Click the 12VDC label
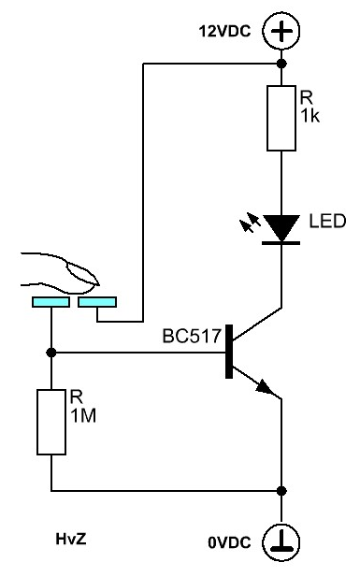point(224,31)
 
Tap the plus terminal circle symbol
point(281,31)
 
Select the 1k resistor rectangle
point(281,118)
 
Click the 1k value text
point(310,116)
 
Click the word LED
point(327,221)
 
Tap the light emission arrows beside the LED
point(250,223)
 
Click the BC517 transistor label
point(192,336)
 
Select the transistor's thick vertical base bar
point(229,352)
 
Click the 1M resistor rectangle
point(51,422)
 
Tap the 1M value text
point(83,416)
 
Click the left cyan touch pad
point(50,302)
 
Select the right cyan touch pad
point(97,302)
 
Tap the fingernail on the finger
point(81,273)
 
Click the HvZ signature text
point(71,539)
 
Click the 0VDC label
point(229,542)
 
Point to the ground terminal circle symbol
point(281,542)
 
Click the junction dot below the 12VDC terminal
point(281,64)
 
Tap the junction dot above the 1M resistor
point(51,353)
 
